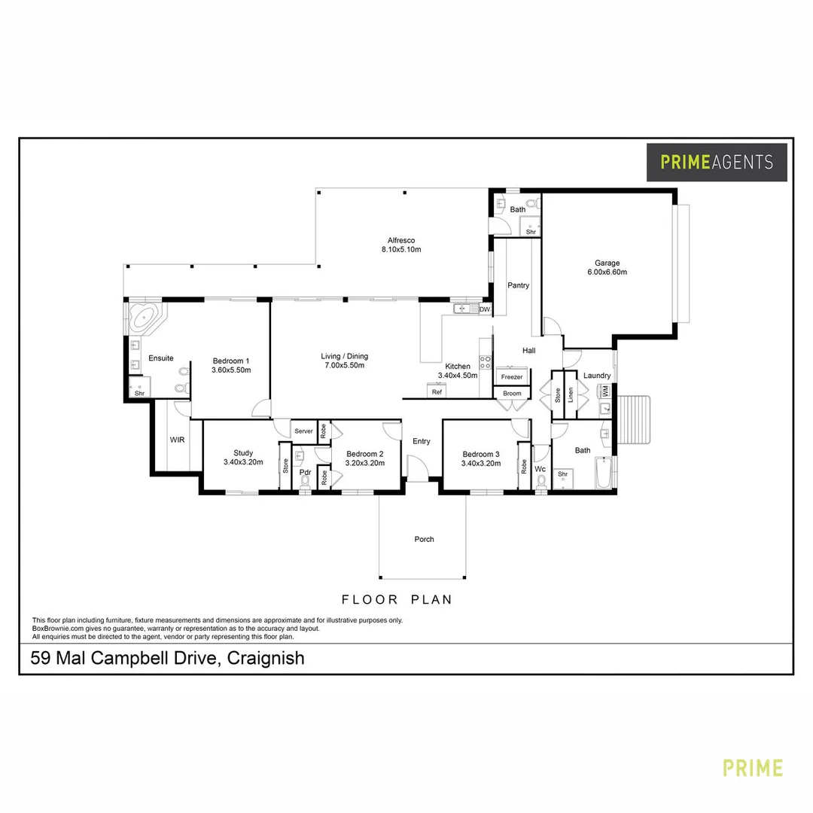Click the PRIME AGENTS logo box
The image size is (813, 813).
(717, 162)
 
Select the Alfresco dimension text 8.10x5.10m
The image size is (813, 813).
(401, 249)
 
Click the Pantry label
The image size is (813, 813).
(518, 285)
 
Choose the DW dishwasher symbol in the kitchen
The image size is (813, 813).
(485, 309)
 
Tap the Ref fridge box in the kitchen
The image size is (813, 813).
(437, 391)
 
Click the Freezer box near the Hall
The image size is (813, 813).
(512, 376)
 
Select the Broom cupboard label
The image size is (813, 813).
(512, 394)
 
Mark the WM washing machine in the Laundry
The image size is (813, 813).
(604, 391)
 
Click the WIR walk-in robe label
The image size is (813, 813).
(178, 439)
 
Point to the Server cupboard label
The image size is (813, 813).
(303, 431)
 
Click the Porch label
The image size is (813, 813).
(424, 539)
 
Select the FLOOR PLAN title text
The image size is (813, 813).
(397, 600)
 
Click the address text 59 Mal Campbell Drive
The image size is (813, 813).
(167, 658)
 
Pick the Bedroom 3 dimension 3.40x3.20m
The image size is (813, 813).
(481, 464)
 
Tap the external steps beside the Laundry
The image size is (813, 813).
(637, 422)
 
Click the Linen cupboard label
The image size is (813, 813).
(571, 395)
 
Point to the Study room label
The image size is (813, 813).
(242, 453)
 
